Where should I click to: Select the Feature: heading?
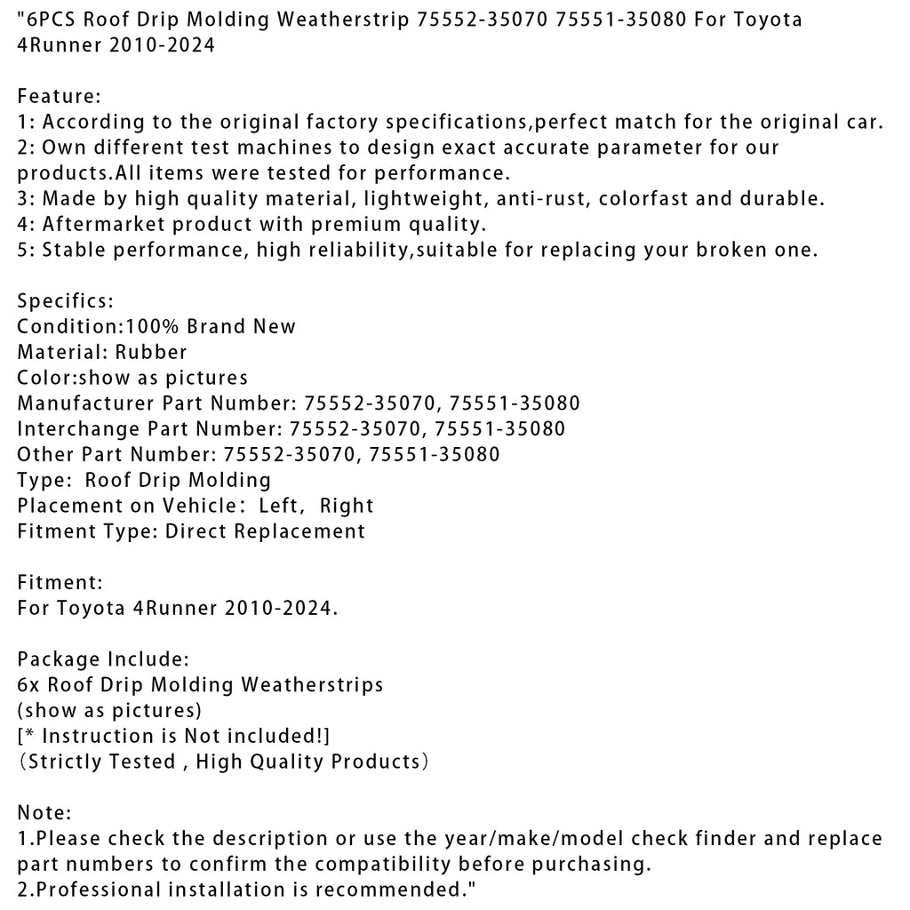pos(60,96)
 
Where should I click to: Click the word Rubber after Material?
pos(151,352)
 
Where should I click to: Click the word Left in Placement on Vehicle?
pos(280,506)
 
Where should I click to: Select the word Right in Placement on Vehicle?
pos(347,506)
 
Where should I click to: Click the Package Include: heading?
pos(103,659)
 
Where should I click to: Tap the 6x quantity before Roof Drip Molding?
pos(28,685)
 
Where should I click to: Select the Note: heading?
pos(44,812)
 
